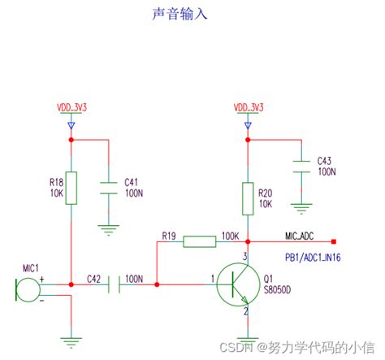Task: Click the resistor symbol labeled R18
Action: [71, 189]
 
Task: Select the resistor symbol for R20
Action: [246, 197]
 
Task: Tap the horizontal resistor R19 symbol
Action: [199, 241]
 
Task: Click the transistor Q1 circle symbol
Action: [241, 284]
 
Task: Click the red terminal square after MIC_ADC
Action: [334, 241]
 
